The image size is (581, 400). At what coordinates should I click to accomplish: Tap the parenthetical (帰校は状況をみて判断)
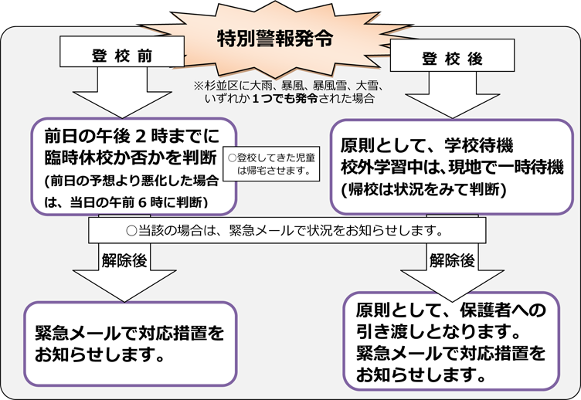point(423,188)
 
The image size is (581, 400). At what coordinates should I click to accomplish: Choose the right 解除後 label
point(452,260)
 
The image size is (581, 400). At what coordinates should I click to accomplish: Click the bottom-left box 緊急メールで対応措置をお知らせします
point(128,344)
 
